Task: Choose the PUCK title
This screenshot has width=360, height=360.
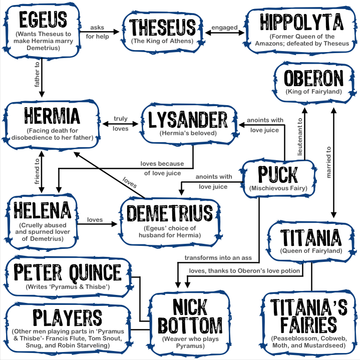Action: (x=277, y=175)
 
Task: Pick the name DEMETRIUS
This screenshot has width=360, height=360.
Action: (x=170, y=213)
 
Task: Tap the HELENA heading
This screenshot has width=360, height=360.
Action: (x=44, y=210)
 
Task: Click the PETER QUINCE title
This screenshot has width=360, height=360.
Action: (x=68, y=273)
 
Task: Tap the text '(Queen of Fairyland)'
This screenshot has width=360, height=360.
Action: (x=311, y=250)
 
